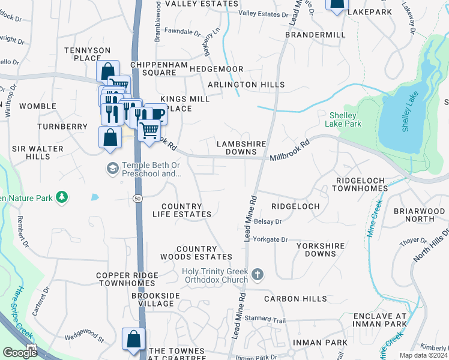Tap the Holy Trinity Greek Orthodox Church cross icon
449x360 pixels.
[x=258, y=274]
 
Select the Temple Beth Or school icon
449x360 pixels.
[x=112, y=169]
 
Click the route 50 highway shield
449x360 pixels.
[x=137, y=197]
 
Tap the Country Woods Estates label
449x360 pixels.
[x=196, y=253]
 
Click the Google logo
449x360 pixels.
[x=19, y=353]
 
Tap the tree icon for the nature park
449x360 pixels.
[x=61, y=197]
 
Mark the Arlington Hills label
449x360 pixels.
[x=246, y=85]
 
